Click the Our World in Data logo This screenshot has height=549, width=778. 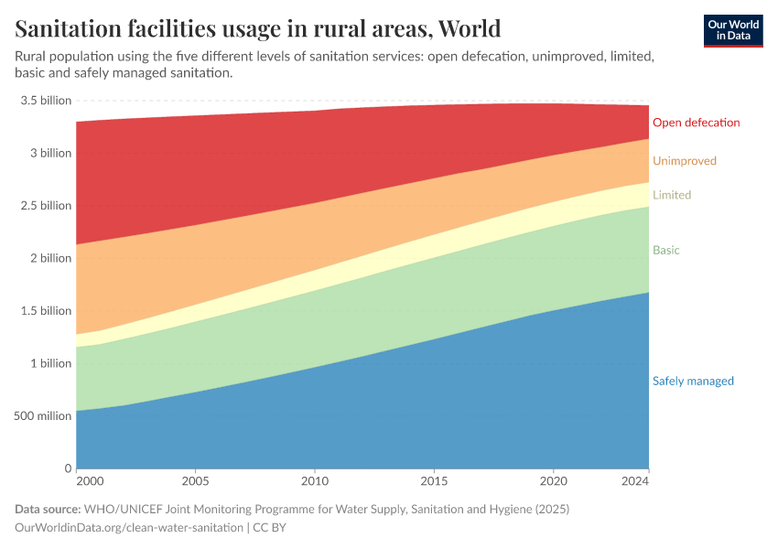tap(733, 30)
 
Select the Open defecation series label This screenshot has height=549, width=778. tap(696, 123)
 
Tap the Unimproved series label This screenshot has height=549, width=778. tap(684, 161)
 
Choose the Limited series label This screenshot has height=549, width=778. tap(671, 195)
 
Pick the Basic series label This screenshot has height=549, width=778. tap(665, 250)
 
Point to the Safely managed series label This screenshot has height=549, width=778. tap(692, 382)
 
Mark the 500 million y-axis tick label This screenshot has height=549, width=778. tap(42, 416)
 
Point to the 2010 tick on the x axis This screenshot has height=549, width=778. tap(315, 480)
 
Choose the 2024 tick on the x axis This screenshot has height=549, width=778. tap(634, 480)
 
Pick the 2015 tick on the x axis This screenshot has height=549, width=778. tap(434, 480)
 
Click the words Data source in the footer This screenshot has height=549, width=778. tap(48, 509)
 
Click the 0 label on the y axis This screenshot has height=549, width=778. tap(67, 468)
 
